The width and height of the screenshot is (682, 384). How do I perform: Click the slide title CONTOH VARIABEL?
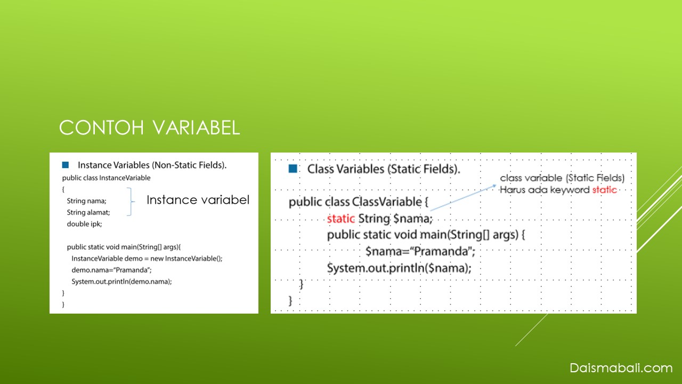click(150, 127)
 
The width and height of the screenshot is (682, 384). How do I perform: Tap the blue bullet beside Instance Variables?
click(65, 165)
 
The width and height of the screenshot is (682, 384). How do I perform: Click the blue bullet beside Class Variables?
click(293, 169)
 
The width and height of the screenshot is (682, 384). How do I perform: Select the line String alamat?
click(88, 212)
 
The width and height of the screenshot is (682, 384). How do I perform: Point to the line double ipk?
click(84, 224)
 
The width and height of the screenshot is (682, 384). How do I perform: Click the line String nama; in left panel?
click(86, 201)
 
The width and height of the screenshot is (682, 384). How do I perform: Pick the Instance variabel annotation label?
click(198, 200)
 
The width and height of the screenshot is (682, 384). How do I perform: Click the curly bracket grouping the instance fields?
click(131, 202)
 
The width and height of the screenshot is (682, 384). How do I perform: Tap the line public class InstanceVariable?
click(106, 178)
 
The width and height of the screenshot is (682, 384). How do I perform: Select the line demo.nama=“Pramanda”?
click(111, 270)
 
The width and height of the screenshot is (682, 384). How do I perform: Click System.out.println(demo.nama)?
click(121, 282)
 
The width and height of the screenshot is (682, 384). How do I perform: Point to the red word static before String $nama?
click(340, 219)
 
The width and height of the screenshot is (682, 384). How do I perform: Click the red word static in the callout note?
click(604, 190)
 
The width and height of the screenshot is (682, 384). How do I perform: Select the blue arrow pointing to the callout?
click(463, 197)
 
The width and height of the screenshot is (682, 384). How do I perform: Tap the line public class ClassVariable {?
click(359, 202)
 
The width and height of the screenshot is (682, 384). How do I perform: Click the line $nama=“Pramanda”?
click(420, 251)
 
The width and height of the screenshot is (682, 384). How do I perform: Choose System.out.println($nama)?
click(399, 268)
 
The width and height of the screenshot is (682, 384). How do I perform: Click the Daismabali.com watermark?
click(621, 368)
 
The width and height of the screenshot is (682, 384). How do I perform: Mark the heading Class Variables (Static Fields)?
click(384, 169)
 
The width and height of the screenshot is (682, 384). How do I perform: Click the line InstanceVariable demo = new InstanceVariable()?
click(147, 259)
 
